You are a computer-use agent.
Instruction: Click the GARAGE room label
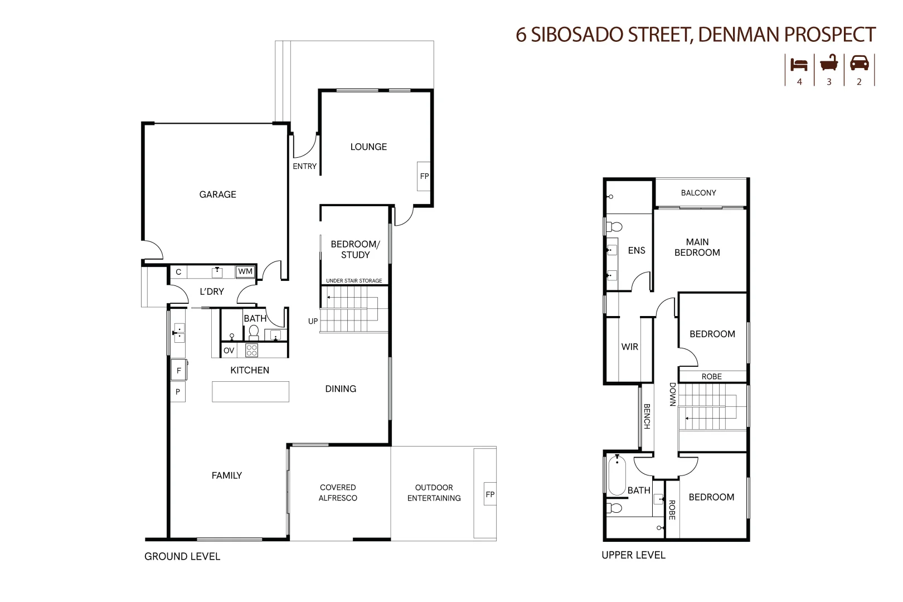click(x=218, y=195)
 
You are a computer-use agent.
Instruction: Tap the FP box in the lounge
click(x=424, y=176)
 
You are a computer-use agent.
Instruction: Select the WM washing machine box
click(x=245, y=271)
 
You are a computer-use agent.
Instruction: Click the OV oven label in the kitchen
click(x=229, y=351)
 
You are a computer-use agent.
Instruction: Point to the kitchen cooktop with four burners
click(x=251, y=350)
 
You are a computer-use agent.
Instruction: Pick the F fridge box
click(x=179, y=370)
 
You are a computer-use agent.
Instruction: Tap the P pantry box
click(x=178, y=391)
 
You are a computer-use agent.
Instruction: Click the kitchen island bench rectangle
click(x=250, y=391)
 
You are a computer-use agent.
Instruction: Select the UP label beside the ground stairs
click(x=313, y=322)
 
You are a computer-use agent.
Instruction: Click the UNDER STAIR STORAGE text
click(x=354, y=280)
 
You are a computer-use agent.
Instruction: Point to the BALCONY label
click(x=698, y=193)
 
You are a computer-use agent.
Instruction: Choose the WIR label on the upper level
click(x=630, y=347)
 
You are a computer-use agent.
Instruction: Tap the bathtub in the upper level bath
click(x=617, y=475)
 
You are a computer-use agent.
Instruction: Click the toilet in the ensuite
click(x=614, y=227)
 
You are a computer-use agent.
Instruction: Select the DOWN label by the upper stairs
click(x=672, y=394)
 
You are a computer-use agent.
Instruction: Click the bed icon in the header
click(x=799, y=65)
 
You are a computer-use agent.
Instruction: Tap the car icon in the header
click(x=860, y=64)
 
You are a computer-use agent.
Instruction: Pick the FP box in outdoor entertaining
click(x=490, y=494)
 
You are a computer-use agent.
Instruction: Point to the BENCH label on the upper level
click(x=647, y=416)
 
